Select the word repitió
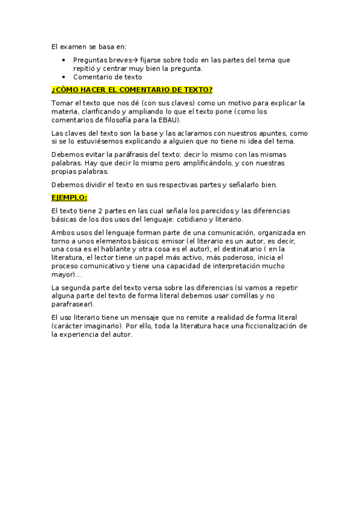point(84,69)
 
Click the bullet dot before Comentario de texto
point(64,77)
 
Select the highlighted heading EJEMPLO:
point(69,197)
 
